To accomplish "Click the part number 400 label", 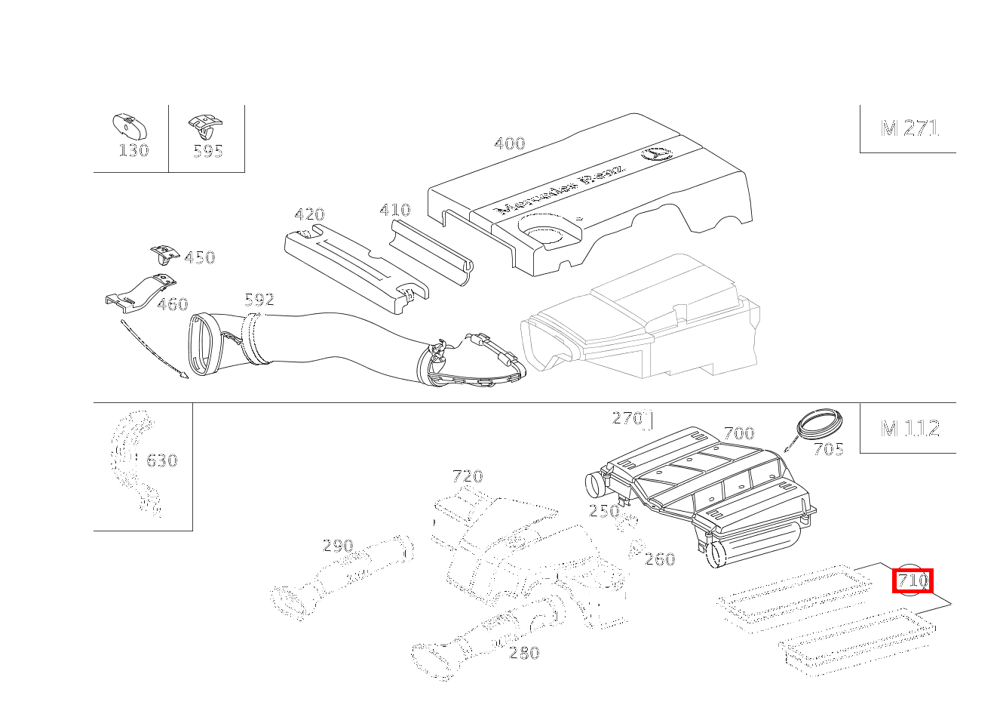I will pyautogui.click(x=509, y=143).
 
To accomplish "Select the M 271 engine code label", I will pyautogui.click(x=910, y=128).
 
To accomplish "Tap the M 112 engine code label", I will pyautogui.click(x=910, y=429).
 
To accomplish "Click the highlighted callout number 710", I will pyautogui.click(x=913, y=581).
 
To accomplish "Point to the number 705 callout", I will pyautogui.click(x=827, y=450).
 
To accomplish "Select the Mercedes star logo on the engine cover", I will pyautogui.click(x=655, y=154).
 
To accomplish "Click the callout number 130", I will pyautogui.click(x=133, y=150).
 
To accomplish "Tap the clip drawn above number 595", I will pyautogui.click(x=206, y=124).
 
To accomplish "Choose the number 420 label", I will pyautogui.click(x=308, y=214).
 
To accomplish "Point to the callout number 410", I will pyautogui.click(x=394, y=210).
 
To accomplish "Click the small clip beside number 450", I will pyautogui.click(x=162, y=252).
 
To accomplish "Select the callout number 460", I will pyautogui.click(x=172, y=304).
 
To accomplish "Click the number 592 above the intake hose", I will pyautogui.click(x=259, y=300).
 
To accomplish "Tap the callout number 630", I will pyautogui.click(x=161, y=460).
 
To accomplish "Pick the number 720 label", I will pyautogui.click(x=467, y=476).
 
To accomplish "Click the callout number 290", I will pyautogui.click(x=337, y=545).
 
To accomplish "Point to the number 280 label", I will pyautogui.click(x=524, y=653).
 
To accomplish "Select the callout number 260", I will pyautogui.click(x=660, y=559).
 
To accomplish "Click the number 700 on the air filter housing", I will pyautogui.click(x=738, y=433).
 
